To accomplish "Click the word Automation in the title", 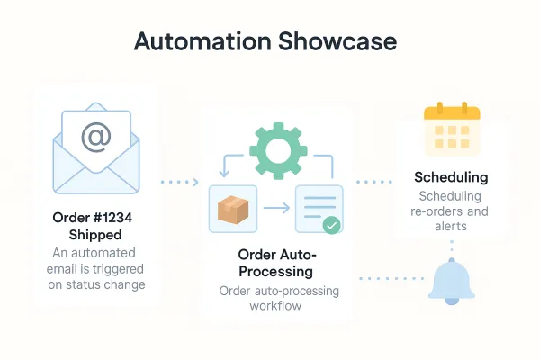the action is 202,41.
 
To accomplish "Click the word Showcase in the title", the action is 337,41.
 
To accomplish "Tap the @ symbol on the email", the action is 96,138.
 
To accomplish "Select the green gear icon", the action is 278,151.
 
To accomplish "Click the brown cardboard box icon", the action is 233,210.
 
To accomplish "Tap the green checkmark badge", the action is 331,225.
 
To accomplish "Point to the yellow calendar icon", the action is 452,129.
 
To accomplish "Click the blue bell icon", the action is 452,282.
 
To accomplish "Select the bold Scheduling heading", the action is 451,177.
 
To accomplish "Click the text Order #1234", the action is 93,218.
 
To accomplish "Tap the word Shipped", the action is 95,235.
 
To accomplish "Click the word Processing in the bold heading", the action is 276,272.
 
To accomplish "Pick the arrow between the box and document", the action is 276,208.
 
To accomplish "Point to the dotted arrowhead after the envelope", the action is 196,182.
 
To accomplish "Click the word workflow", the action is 275,306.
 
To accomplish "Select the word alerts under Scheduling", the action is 451,226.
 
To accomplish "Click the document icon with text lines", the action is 319,209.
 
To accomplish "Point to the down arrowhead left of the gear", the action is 224,173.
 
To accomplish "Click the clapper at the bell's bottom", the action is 452,301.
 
